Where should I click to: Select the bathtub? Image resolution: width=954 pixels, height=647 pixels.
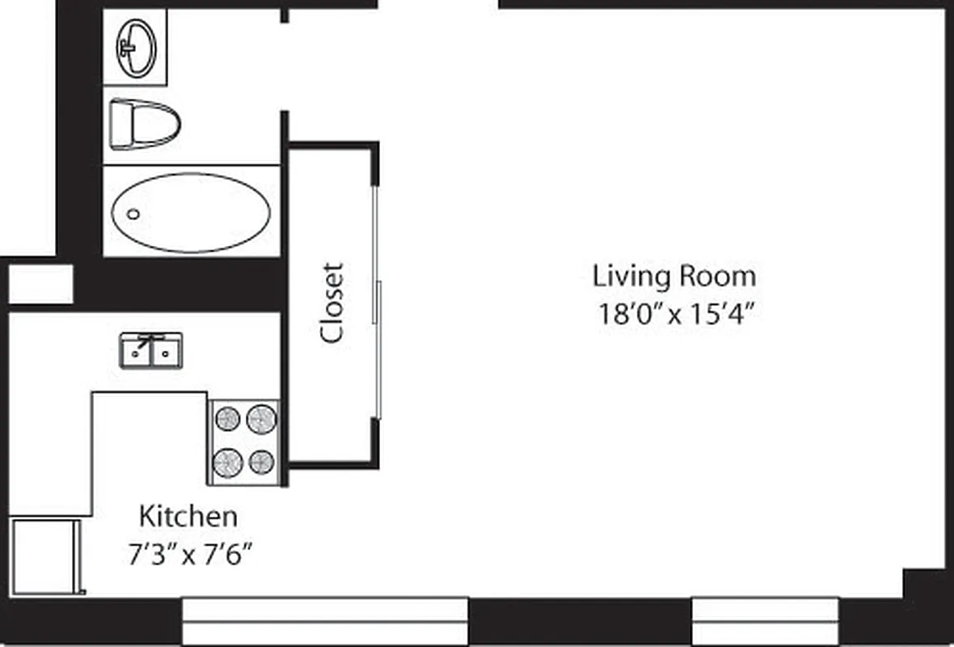tap(191, 212)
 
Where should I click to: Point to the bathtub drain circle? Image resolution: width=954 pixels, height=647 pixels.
tap(133, 214)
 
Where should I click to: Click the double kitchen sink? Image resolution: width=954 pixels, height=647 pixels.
tap(151, 350)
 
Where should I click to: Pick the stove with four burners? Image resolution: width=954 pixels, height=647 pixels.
tap(244, 442)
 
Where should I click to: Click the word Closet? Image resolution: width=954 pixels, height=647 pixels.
tap(332, 302)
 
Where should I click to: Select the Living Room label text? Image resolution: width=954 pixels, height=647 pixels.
tap(674, 276)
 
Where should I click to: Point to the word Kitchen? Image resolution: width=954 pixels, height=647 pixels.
tap(188, 516)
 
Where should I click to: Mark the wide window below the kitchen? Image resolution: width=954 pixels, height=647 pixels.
tap(324, 621)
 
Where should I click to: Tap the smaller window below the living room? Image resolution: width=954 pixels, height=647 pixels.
tap(765, 621)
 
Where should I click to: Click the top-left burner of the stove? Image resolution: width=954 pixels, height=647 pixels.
tap(228, 419)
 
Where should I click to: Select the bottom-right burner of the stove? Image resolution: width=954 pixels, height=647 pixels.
tap(261, 462)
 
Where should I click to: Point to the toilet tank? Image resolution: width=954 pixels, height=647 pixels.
tap(120, 124)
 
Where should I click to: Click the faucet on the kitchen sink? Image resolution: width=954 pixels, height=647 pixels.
tap(146, 340)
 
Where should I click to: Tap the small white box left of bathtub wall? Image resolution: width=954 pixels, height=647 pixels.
tap(40, 285)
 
